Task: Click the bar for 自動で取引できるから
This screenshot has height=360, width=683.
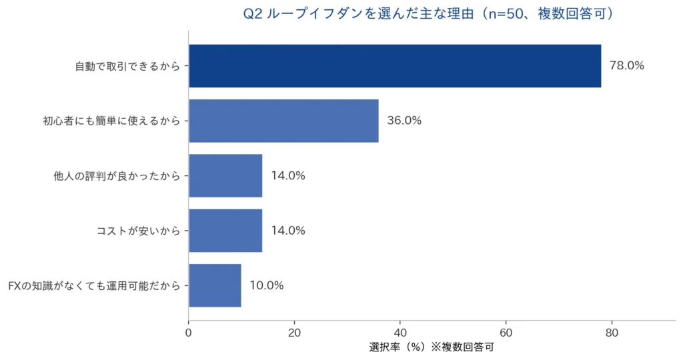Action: [x=395, y=66]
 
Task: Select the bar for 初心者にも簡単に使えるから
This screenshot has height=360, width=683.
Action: [x=283, y=121]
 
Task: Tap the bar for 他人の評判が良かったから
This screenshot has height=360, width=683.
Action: [x=225, y=176]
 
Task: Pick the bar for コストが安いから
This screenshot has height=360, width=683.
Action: [x=225, y=231]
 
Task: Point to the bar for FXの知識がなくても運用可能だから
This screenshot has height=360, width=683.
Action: [x=215, y=285]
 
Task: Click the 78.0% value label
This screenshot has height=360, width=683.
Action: [x=627, y=66]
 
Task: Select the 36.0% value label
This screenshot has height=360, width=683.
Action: [x=404, y=121]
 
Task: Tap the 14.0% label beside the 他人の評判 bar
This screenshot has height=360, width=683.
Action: [x=288, y=176]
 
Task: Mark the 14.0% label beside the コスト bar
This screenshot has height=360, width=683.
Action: [x=288, y=231]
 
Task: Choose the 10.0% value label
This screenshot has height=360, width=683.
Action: [x=267, y=285]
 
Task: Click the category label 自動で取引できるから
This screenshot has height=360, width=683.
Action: [x=127, y=66]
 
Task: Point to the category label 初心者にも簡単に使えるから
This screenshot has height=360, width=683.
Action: [x=111, y=121]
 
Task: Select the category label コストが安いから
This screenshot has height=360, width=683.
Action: [x=138, y=231]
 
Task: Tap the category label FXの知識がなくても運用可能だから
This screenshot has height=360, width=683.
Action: [x=94, y=285]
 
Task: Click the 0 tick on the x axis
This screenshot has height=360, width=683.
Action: [x=189, y=332]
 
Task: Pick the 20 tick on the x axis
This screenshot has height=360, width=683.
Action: [x=294, y=332]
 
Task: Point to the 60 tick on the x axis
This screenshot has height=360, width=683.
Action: [x=506, y=332]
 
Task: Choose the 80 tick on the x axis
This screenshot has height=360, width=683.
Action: [x=612, y=332]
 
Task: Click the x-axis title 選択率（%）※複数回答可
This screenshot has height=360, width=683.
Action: [x=432, y=347]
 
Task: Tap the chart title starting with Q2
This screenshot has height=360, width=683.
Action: [x=427, y=13]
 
